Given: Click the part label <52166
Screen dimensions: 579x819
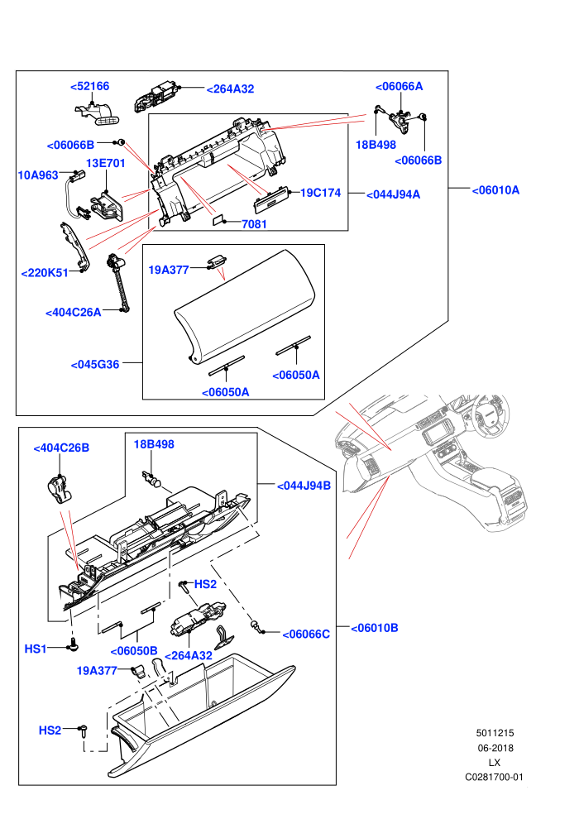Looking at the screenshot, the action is tap(90, 86).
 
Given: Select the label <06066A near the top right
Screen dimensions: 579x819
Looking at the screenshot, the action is tap(400, 86).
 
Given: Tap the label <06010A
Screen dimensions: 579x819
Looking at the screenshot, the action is tap(495, 190).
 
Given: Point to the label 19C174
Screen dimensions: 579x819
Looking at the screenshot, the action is tap(321, 193).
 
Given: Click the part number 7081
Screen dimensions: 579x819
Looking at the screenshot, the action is tap(254, 224).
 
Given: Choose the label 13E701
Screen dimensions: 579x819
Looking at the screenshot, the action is tap(106, 164).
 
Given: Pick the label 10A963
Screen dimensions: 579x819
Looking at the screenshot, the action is tap(38, 175).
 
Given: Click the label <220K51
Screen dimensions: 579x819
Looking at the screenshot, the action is tap(45, 273).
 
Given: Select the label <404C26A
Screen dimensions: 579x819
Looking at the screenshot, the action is tap(73, 313).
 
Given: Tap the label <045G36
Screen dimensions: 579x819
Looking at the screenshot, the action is tap(95, 365).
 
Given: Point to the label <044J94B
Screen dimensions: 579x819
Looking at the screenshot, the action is tap(304, 486).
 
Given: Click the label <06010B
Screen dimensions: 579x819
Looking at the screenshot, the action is tap(375, 628).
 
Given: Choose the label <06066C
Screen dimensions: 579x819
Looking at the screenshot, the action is tap(306, 634).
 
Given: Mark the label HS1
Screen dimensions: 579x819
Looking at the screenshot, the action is tap(36, 649).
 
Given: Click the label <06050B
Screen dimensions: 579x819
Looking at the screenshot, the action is tap(134, 651).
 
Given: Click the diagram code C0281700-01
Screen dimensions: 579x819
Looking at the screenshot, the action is tap(494, 777).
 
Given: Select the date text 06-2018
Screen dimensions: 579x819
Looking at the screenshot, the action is tap(495, 748).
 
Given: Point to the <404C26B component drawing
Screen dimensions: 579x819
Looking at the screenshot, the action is tap(58, 489).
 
